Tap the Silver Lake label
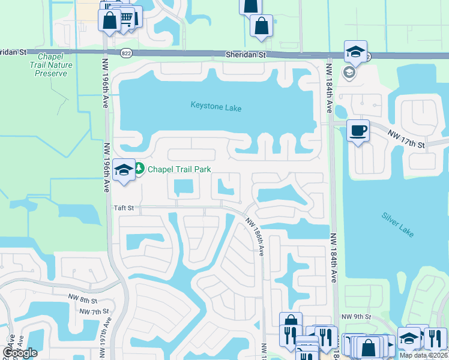coord(397,224)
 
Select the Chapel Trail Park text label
coord(179,170)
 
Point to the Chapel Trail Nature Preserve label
coord(55,65)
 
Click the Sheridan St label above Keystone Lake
coord(246,54)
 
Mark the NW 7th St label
coord(94,312)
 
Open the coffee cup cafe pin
coord(358,130)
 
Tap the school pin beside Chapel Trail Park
coord(124,170)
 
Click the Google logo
coord(20,353)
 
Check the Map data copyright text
coord(424,355)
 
